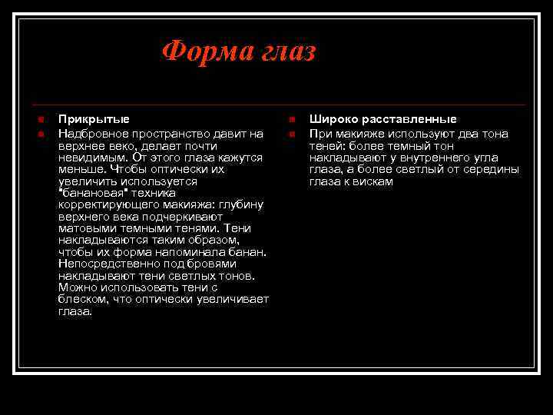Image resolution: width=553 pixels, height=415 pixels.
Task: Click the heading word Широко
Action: point(332,119)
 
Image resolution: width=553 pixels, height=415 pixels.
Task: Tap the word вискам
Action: point(373,181)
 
